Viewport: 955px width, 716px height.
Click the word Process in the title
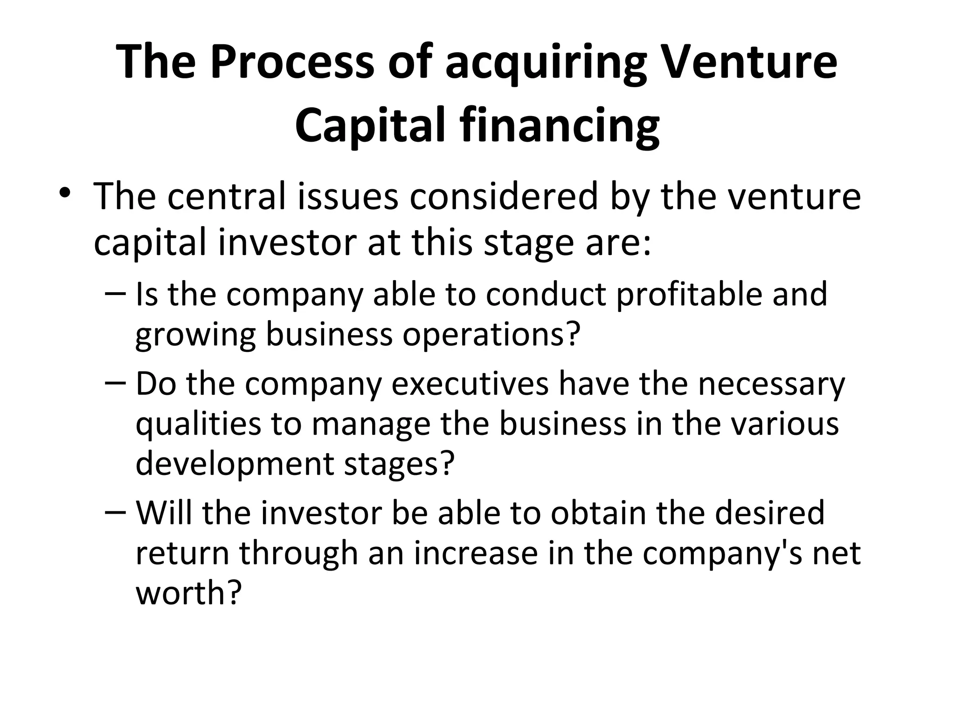(292, 62)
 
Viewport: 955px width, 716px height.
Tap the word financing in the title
(559, 127)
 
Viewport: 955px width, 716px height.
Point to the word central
(226, 197)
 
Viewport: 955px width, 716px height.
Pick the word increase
(476, 553)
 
